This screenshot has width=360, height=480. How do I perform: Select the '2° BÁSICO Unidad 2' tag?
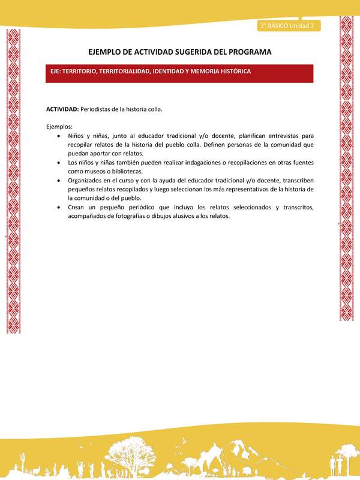pos(287,25)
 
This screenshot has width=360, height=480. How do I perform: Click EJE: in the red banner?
pos(59,71)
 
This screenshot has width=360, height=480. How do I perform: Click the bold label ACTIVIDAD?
pos(62,109)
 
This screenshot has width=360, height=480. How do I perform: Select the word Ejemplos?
pos(59,127)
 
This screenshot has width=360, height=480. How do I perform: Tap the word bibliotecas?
pos(135,171)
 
